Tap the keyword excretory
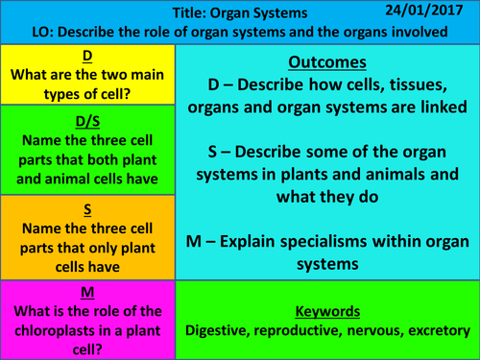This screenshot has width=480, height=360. click(432, 331)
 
